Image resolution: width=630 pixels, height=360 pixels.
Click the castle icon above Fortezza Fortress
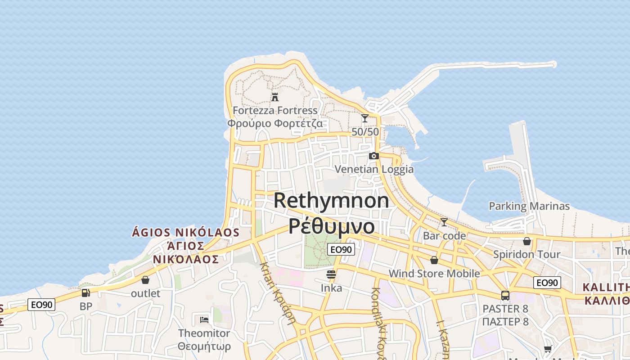[x=274, y=97]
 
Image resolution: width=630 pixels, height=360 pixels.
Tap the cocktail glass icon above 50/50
[x=365, y=118]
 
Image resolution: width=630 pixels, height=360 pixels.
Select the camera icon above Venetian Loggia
[x=373, y=156]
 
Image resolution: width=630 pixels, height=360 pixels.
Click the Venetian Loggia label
[x=374, y=169]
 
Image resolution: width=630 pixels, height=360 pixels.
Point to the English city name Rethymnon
[x=331, y=200]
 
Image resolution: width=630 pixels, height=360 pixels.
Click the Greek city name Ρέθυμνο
[x=331, y=226]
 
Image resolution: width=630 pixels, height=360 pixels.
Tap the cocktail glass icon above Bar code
[x=444, y=222]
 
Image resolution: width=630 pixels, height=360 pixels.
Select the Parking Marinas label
[x=529, y=206]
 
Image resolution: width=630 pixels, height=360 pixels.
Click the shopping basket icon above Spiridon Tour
[x=527, y=242]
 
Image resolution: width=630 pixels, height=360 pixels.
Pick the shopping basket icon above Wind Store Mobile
[x=434, y=260]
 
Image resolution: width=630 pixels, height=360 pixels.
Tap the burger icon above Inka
[x=332, y=274]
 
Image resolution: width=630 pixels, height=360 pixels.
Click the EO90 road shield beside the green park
[x=341, y=249]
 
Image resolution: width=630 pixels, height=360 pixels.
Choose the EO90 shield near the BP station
[x=42, y=305]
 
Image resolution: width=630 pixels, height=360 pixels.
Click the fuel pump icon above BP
[x=85, y=293]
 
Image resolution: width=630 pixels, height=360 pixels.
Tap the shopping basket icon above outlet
[x=145, y=280]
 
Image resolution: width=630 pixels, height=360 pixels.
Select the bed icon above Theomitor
[x=204, y=320]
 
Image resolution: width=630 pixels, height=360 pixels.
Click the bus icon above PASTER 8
[x=505, y=296]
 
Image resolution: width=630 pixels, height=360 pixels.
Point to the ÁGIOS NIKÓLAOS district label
[x=185, y=233]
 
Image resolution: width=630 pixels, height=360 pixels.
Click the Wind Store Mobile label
[x=434, y=273]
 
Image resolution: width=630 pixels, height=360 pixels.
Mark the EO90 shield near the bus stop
[x=547, y=283]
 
